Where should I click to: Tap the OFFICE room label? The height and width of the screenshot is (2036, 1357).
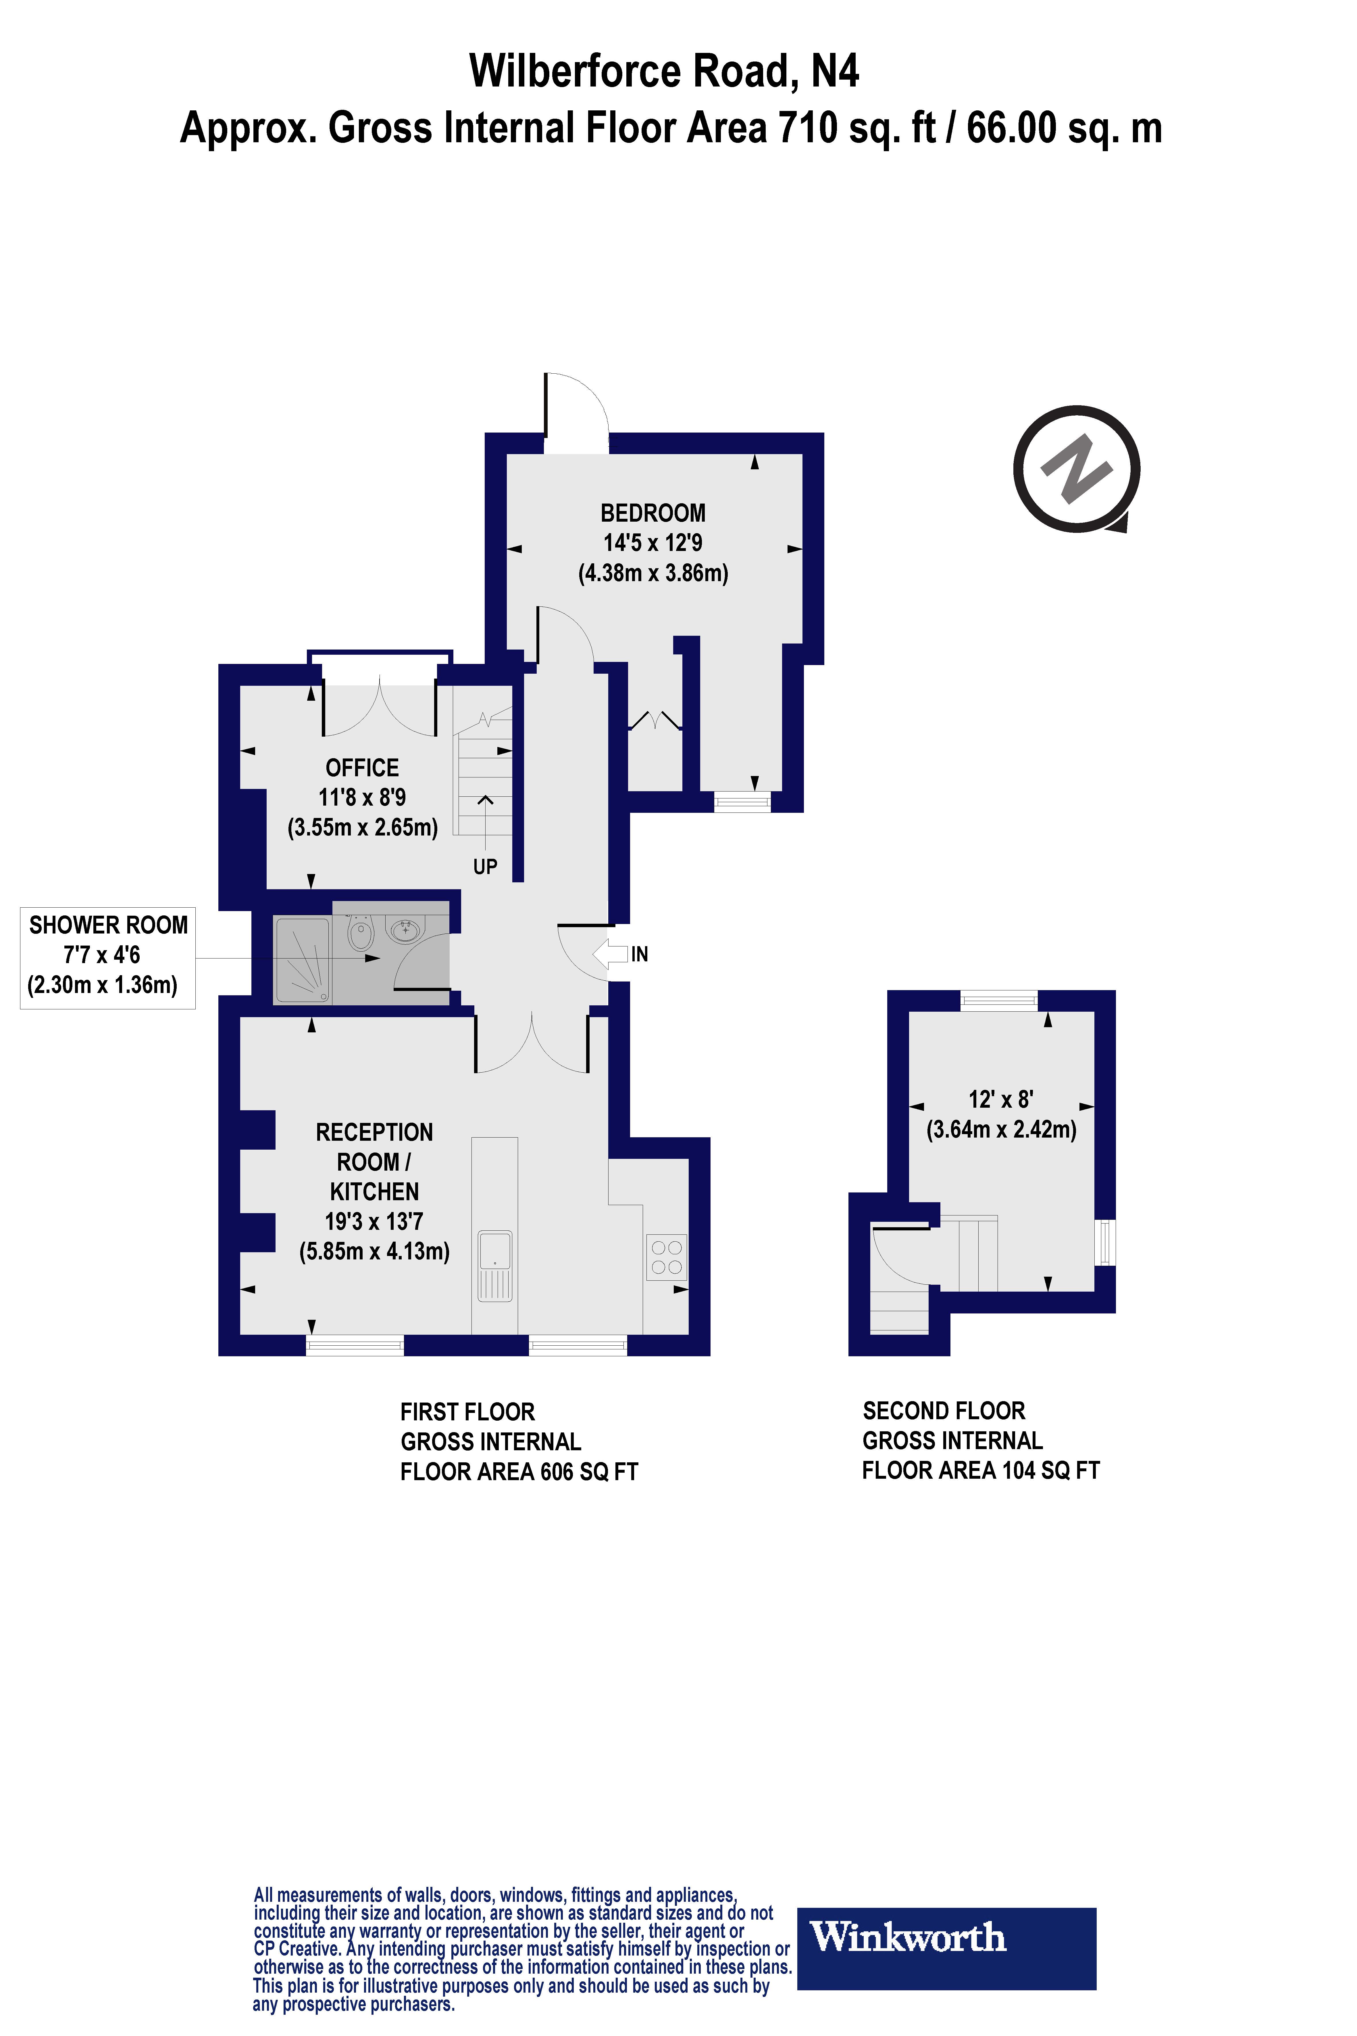pos(362,768)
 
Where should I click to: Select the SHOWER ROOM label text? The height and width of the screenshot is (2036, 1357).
pos(108,925)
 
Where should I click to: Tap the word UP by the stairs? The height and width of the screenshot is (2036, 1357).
pos(485,867)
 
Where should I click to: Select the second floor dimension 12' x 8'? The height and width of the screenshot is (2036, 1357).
pos(1000,1099)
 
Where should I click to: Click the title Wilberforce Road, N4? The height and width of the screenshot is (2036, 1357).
pos(664,71)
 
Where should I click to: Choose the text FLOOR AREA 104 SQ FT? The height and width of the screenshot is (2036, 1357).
pos(981,1470)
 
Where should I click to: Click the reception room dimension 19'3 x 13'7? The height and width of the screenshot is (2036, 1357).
pos(374,1221)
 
